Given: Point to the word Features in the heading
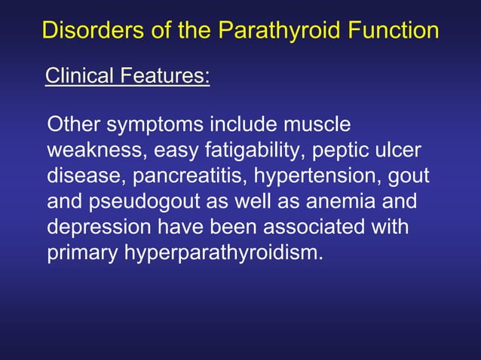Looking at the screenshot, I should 166,76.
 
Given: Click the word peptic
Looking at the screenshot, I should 335,150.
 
